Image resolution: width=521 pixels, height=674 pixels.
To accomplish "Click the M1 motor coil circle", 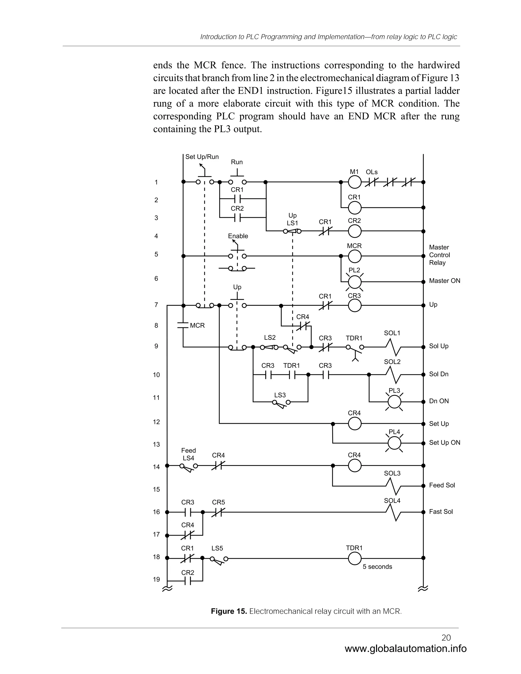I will tap(354, 182).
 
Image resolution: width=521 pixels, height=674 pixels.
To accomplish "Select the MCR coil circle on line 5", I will tap(354, 256).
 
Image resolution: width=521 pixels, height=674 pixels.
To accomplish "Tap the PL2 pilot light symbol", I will tap(354, 282).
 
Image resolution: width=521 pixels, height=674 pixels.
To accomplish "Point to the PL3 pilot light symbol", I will tap(394, 402).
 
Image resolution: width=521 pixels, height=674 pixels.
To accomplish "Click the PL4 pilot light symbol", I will tap(394, 443).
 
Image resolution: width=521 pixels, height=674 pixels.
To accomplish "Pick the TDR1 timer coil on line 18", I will tap(354, 558).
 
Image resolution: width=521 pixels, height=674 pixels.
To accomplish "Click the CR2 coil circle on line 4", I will tap(354, 231).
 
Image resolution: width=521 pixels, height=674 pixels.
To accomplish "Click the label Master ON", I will tap(444, 281).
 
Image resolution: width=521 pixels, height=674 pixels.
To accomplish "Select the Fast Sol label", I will tap(441, 512).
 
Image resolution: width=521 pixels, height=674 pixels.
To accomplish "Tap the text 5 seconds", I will tap(377, 567).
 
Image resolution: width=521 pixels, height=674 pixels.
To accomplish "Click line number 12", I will tap(156, 422).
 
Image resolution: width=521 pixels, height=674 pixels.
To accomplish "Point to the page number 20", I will tap(446, 638).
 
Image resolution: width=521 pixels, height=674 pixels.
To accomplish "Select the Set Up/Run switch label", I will tap(202, 157).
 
